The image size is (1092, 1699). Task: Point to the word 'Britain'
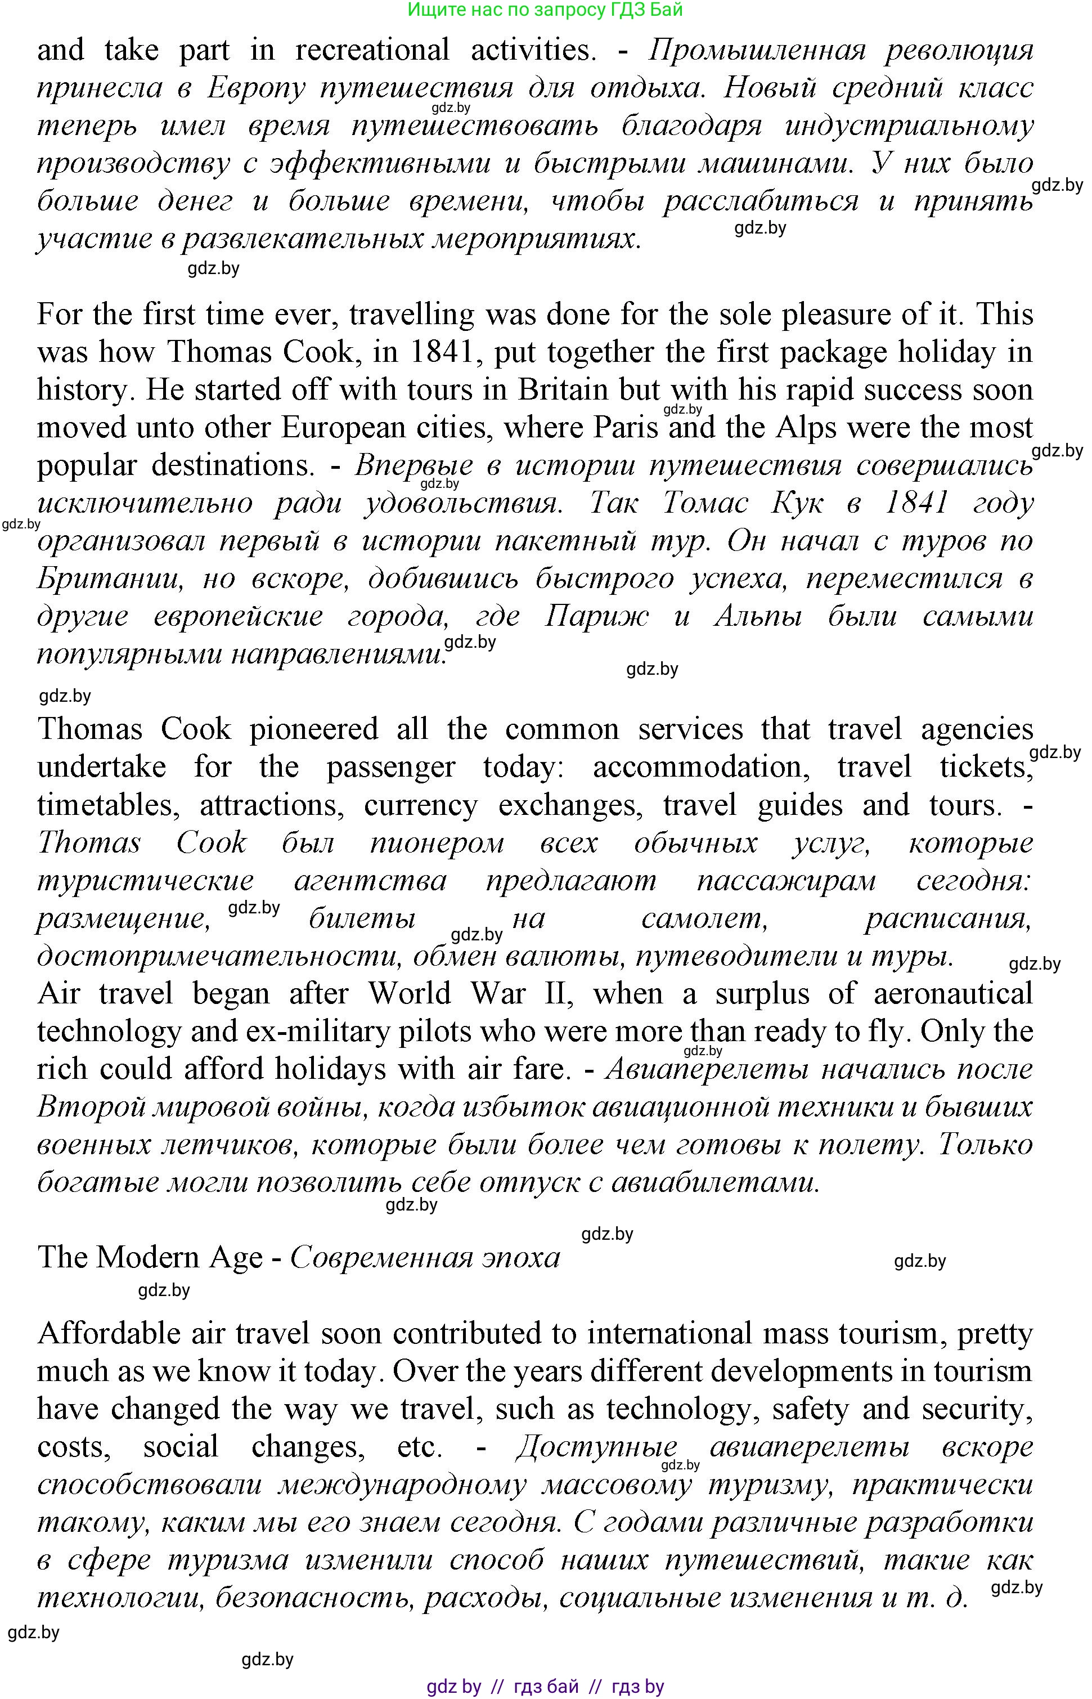[x=563, y=390]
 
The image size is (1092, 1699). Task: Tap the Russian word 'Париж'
[x=596, y=616]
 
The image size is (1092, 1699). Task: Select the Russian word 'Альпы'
[x=757, y=616]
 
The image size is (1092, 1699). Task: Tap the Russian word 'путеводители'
[x=735, y=957]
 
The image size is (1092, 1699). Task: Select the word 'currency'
[x=420, y=805]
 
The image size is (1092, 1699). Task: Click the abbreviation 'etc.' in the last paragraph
[x=420, y=1446]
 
